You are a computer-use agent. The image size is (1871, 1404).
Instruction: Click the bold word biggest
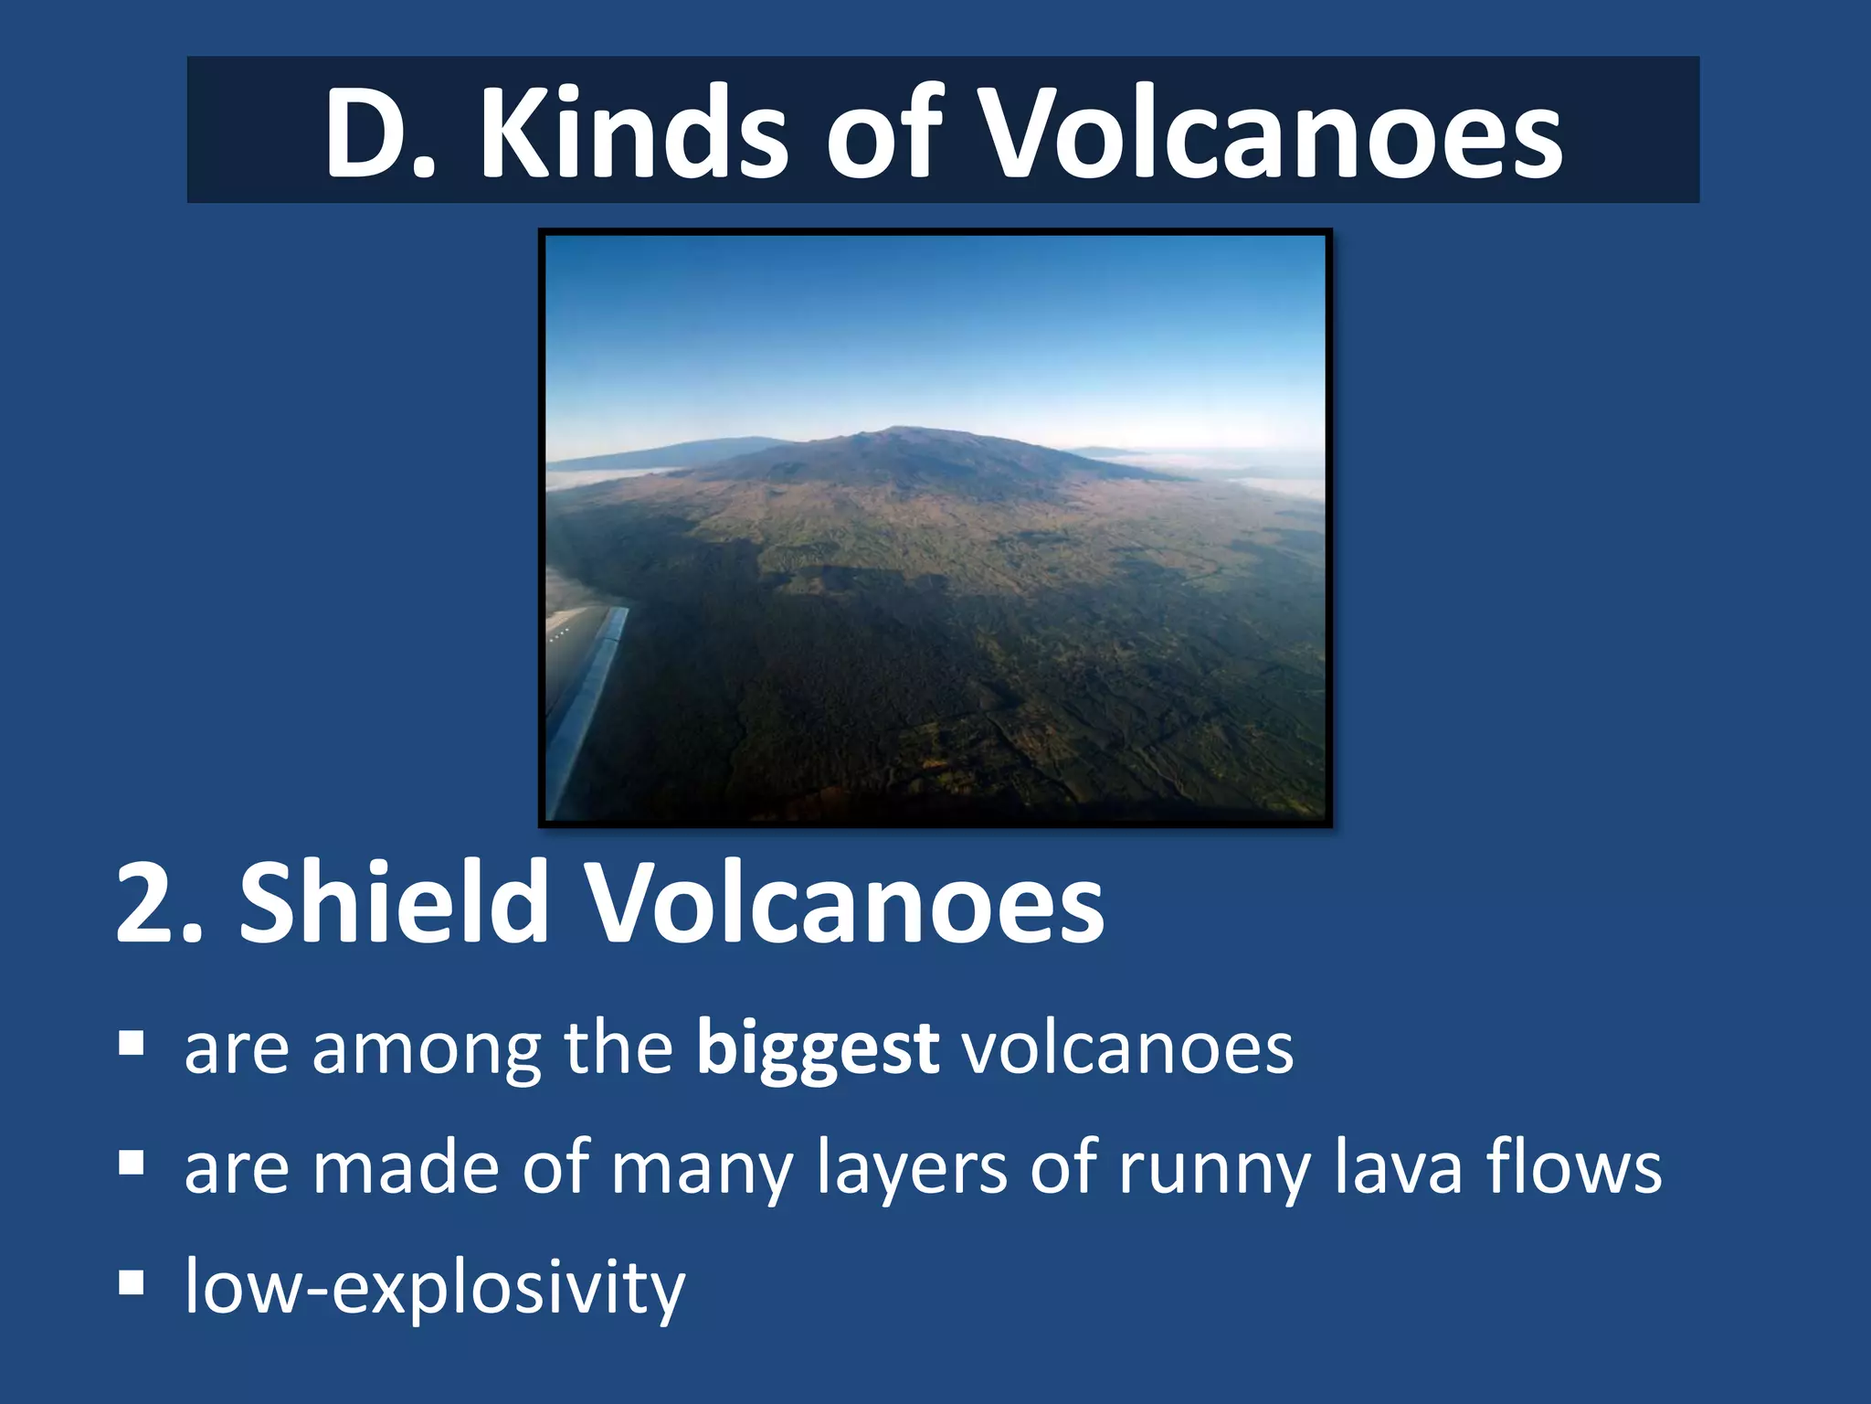[x=817, y=1049]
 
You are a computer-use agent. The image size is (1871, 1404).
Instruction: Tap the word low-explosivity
[x=435, y=1287]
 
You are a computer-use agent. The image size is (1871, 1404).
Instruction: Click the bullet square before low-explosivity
[x=132, y=1283]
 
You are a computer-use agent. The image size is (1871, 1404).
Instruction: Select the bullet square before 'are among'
[x=132, y=1043]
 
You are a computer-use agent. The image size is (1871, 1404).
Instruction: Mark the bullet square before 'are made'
[x=132, y=1164]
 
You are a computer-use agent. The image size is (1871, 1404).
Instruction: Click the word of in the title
[x=883, y=133]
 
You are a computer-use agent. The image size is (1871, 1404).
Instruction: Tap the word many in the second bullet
[x=702, y=1170]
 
